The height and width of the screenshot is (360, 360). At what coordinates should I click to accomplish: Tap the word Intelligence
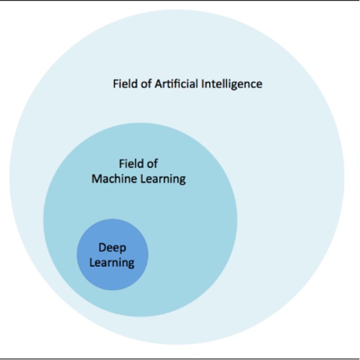(232, 84)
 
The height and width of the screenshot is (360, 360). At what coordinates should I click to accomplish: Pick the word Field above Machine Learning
(132, 164)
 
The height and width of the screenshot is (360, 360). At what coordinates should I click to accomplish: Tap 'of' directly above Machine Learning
(153, 164)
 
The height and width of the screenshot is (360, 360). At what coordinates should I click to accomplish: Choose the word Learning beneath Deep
(112, 263)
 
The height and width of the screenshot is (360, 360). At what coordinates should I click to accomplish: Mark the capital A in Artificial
(158, 84)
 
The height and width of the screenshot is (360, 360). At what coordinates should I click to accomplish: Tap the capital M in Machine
(96, 179)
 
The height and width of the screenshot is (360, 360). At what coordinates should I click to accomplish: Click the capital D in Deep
(102, 248)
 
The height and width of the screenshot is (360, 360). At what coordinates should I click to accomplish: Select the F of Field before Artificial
(116, 84)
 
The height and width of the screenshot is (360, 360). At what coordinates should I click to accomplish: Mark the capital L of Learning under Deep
(92, 262)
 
